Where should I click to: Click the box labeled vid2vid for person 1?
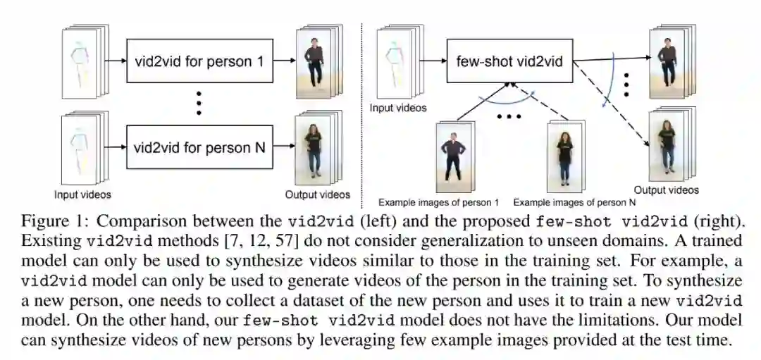click(199, 61)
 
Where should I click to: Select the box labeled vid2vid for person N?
click(199, 147)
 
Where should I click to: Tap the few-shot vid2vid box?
click(509, 61)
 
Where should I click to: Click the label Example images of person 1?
click(438, 200)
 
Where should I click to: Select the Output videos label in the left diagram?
click(317, 194)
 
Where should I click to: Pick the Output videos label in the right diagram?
click(666, 190)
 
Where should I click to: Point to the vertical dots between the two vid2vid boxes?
click(199, 103)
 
